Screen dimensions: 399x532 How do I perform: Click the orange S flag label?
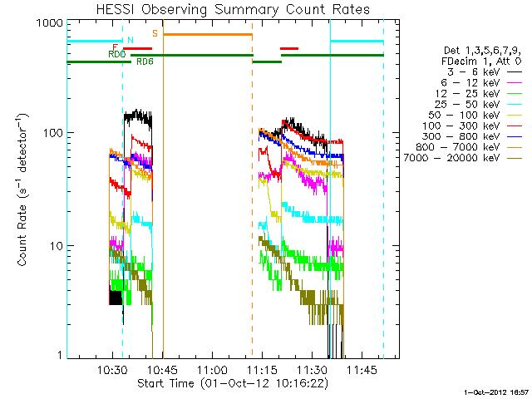(x=155, y=33)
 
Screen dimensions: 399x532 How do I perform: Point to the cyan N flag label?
(x=129, y=40)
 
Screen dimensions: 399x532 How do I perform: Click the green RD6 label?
(x=145, y=62)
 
